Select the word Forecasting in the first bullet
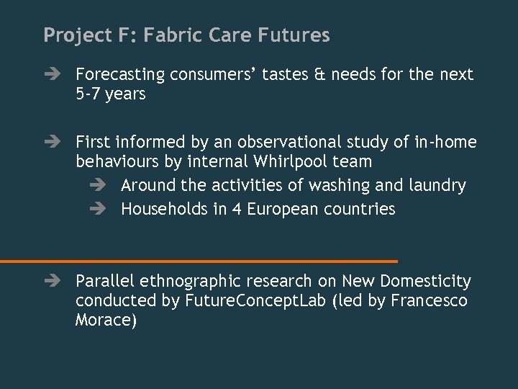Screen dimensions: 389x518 pyautogui.click(x=120, y=75)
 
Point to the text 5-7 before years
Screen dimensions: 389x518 pyautogui.click(x=88, y=94)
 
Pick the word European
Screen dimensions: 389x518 pyautogui.click(x=281, y=209)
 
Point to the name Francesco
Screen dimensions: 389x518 pyautogui.click(x=429, y=300)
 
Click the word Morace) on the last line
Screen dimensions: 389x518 pyautogui.click(x=106, y=320)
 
